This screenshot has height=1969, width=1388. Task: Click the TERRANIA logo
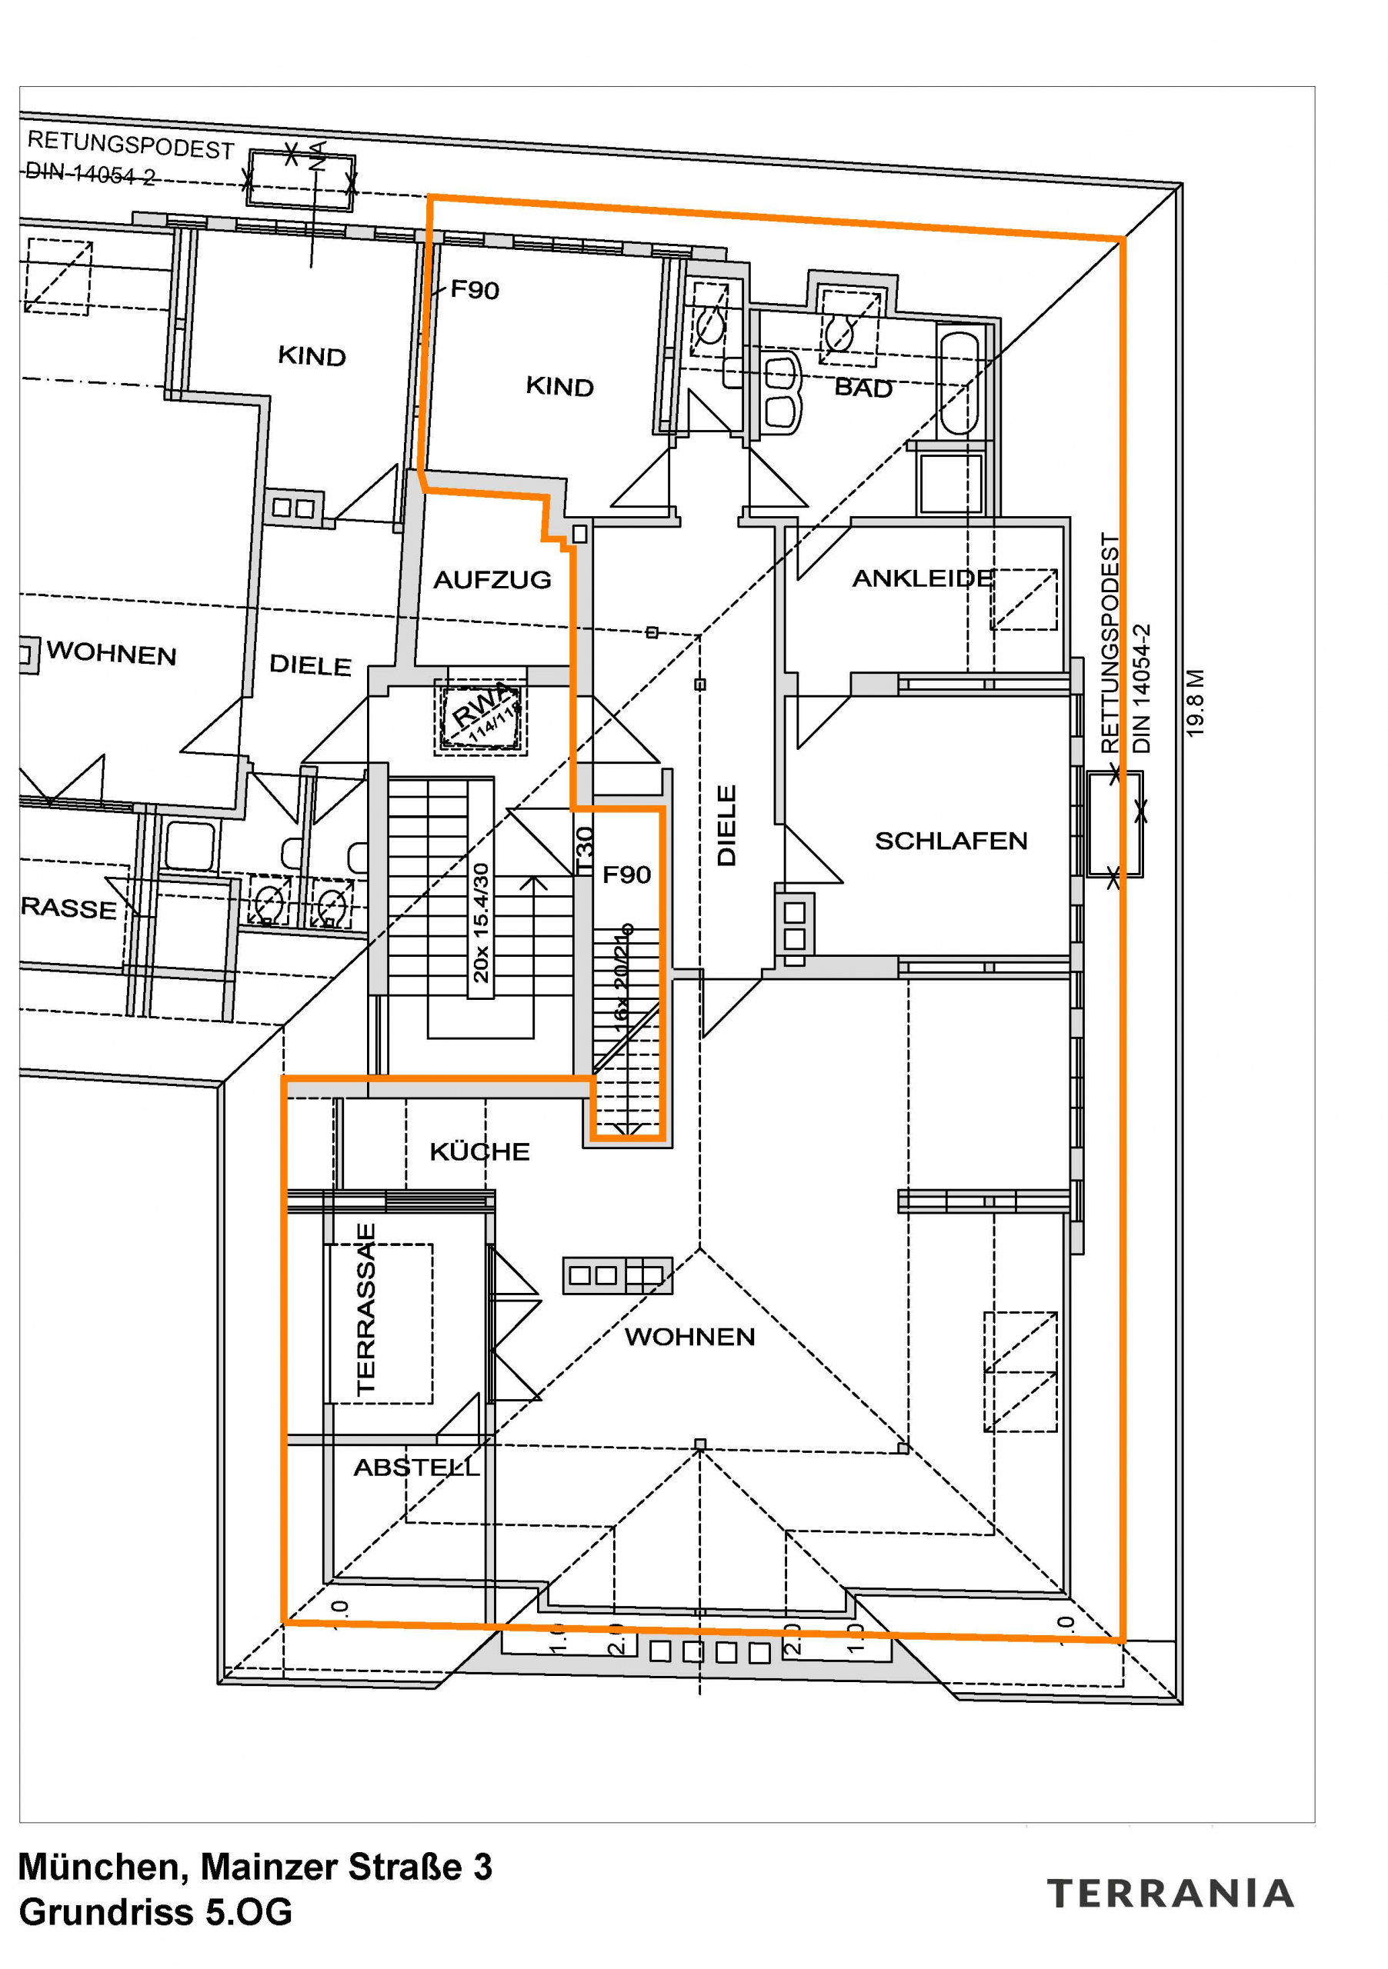coord(1169,1893)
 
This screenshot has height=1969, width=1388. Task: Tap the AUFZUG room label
coord(492,580)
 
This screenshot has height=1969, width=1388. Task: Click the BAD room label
coord(863,388)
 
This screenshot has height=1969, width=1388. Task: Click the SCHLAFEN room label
coord(950,841)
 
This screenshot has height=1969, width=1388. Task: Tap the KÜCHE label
coord(479,1151)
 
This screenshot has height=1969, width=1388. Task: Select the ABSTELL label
coord(416,1468)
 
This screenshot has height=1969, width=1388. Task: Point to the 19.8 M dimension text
coord(1195,703)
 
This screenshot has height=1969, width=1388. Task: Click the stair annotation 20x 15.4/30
coord(480,922)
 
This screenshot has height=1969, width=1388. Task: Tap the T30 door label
coord(584,851)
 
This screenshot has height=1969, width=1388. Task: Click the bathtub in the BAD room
coord(959,382)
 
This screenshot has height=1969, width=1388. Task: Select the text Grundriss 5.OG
coord(155,1911)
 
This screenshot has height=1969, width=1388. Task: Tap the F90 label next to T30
coord(626,875)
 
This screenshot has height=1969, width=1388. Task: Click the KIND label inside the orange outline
coord(559,387)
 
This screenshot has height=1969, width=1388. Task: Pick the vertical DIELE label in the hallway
coord(726,825)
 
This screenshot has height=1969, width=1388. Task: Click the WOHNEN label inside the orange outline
coord(689,1336)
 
